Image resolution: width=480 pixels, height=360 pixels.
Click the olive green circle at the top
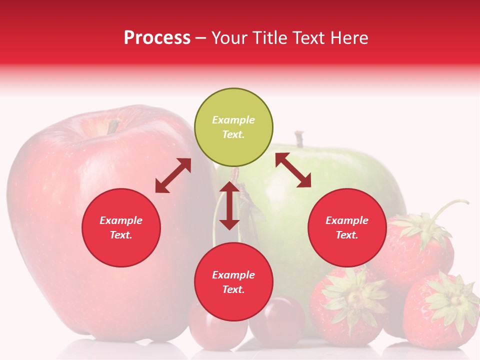coord(233,127)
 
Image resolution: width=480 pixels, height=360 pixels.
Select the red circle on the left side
coord(121,227)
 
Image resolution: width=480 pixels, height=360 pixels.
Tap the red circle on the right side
coord(347,227)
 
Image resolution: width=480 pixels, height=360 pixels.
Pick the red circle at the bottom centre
coord(233,282)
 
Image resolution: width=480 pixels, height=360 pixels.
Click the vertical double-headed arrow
coord(229,205)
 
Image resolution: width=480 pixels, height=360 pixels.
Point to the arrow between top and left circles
coord(173,175)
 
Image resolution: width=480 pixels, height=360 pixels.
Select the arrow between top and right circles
coord(293,170)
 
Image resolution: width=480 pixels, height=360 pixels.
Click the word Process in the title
coord(157,38)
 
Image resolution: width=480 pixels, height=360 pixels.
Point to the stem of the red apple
coord(113,126)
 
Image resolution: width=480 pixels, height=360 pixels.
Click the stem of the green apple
coord(299,139)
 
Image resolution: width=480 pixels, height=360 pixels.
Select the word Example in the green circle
coord(233,120)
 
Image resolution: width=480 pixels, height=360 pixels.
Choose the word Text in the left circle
coord(121,235)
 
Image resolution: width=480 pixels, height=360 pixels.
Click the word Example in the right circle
coord(347,220)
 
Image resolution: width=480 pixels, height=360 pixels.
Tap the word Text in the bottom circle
coord(233,289)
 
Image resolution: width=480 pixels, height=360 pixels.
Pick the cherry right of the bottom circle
coord(277,320)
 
